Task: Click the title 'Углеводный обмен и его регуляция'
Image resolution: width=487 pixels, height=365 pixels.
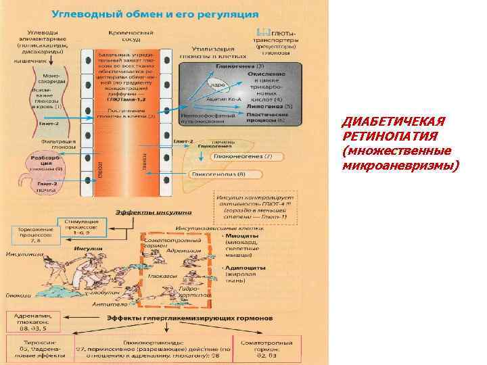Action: tap(154, 13)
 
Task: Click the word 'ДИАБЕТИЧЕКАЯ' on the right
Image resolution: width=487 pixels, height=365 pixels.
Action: tap(394, 122)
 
